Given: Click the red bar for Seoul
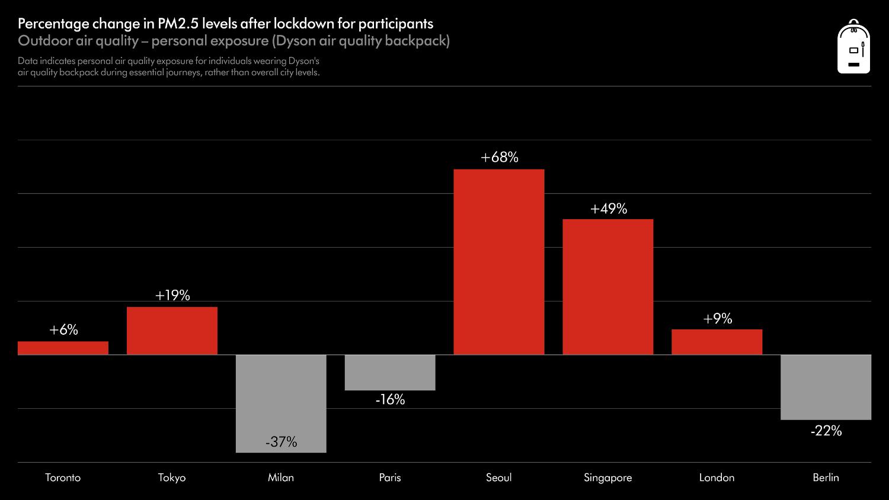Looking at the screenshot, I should click(499, 262).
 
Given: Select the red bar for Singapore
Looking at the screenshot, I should click(607, 287).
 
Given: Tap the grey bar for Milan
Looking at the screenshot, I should click(281, 397).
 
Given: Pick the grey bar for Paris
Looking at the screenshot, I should click(390, 372).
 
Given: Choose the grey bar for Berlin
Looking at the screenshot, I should click(826, 387).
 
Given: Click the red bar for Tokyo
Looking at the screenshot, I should click(172, 331).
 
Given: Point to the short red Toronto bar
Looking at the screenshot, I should click(63, 348).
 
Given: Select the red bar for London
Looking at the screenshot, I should click(717, 342).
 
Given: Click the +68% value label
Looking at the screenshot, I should click(499, 157).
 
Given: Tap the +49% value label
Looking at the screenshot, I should click(608, 209).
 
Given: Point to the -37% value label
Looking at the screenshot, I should click(281, 442).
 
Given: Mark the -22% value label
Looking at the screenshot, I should click(826, 431).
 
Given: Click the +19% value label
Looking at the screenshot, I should click(172, 295).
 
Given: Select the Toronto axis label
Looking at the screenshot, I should click(63, 477).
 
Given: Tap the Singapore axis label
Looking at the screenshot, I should click(607, 477).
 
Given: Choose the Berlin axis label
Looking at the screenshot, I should click(826, 477).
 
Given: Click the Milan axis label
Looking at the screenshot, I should click(281, 477).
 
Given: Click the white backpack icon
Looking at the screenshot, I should click(853, 47).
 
